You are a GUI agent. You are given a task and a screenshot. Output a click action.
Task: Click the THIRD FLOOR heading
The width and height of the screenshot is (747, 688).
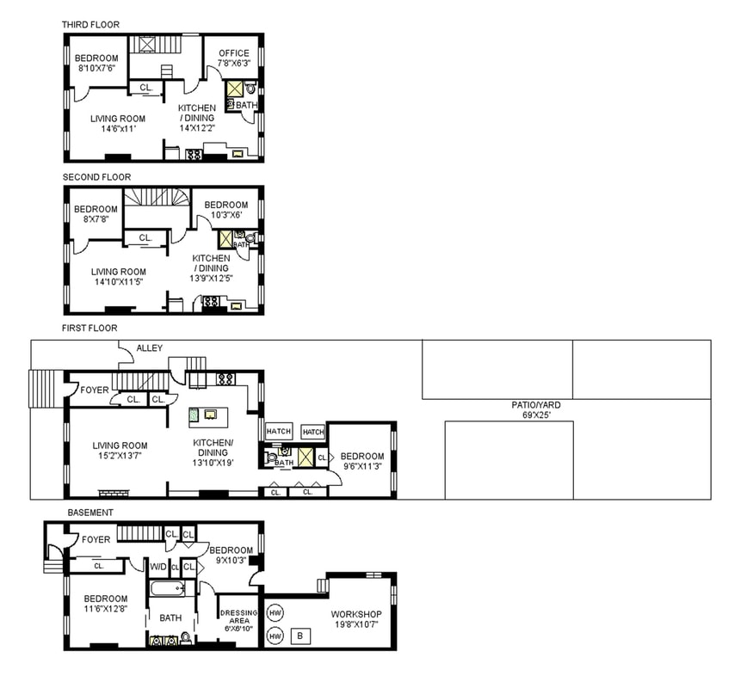click(90, 25)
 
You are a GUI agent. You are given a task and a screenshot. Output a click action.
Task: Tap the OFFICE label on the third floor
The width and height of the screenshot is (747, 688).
click(234, 53)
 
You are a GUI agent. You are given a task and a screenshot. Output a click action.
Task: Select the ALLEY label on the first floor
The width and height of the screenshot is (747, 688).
click(150, 348)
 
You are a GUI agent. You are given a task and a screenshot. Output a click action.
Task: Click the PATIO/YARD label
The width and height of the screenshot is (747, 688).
click(536, 405)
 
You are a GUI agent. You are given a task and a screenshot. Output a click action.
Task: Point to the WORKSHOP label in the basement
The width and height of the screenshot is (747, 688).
click(356, 614)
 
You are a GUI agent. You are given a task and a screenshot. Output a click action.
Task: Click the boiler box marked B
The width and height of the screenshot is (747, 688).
click(300, 636)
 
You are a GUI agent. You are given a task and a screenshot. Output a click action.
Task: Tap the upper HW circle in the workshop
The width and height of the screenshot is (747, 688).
click(275, 613)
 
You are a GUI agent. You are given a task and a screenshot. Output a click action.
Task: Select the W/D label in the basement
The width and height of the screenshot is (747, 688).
click(158, 567)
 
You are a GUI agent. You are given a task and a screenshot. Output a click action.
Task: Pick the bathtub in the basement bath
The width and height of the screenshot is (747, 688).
click(168, 589)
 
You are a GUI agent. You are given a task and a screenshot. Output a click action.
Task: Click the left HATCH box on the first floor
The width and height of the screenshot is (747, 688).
click(279, 432)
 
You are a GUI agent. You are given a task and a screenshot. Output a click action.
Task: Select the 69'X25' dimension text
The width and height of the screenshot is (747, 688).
click(536, 415)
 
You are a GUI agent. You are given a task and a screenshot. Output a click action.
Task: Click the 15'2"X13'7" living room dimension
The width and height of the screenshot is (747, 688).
click(120, 456)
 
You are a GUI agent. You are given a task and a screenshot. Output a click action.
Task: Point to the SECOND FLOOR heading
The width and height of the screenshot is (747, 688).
click(96, 177)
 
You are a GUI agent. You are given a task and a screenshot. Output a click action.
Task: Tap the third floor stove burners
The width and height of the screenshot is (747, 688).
click(194, 154)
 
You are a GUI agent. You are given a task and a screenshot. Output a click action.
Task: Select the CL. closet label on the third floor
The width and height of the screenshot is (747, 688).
click(146, 88)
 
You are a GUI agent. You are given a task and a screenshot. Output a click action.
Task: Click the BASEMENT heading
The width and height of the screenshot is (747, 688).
click(90, 513)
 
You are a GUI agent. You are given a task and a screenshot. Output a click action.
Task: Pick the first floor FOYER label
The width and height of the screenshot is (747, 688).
click(95, 390)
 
